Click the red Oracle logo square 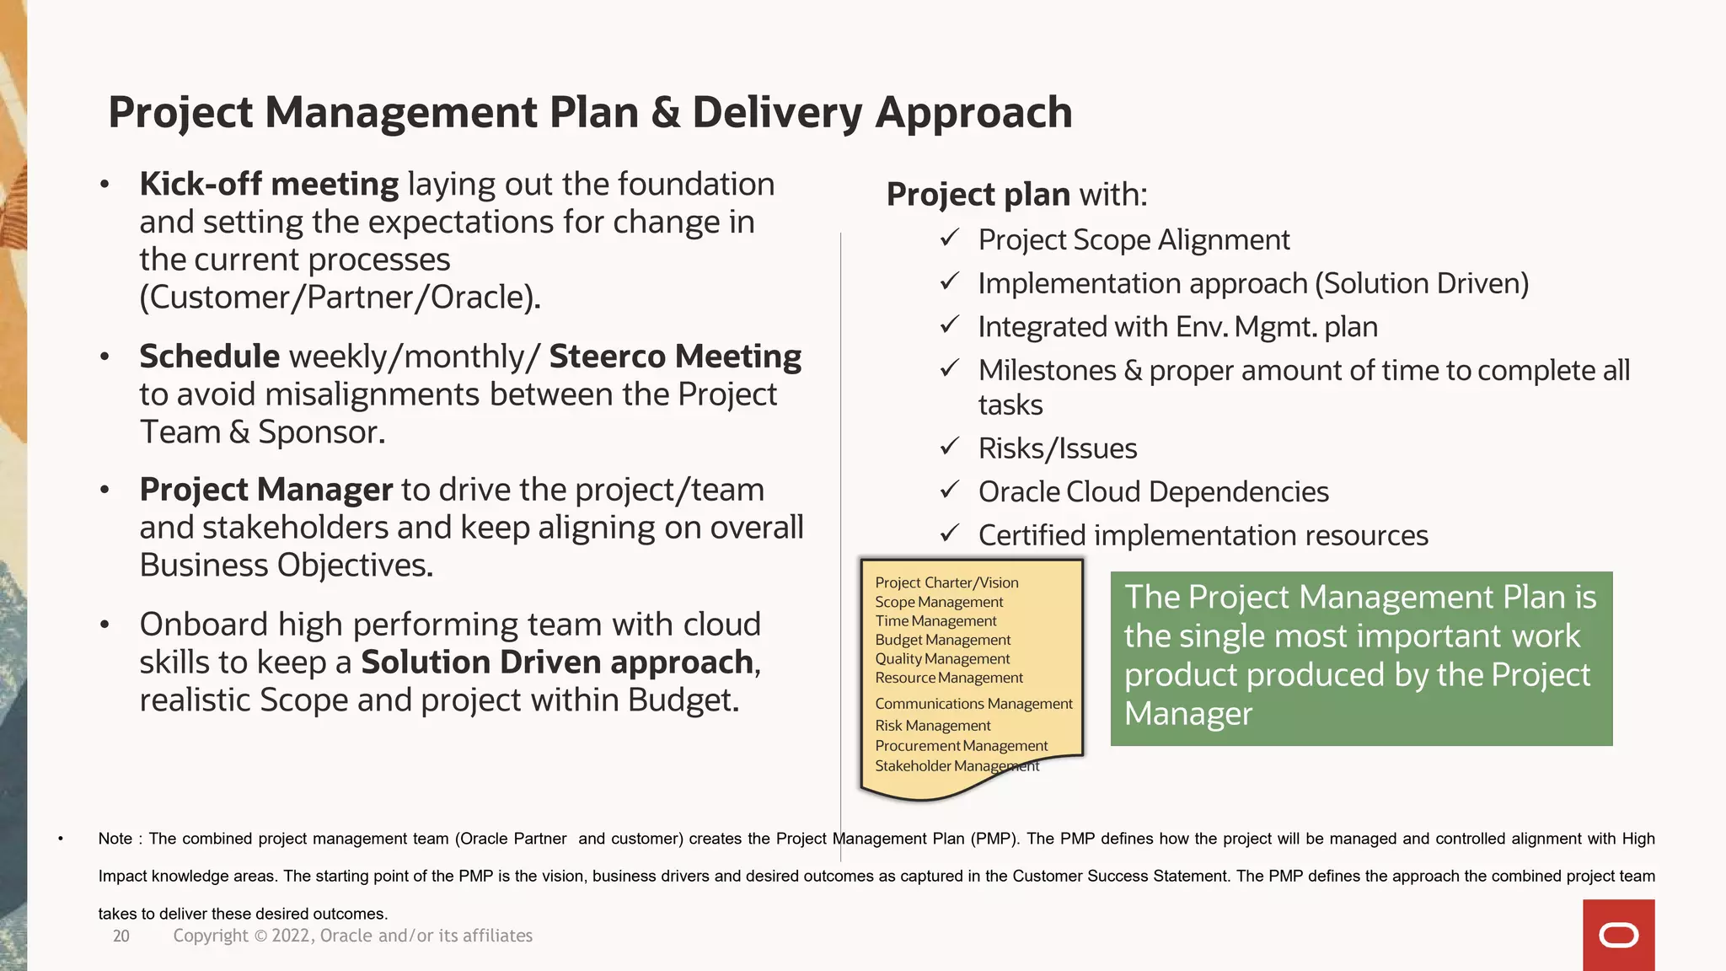(x=1618, y=935)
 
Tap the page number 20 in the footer (x=121, y=936)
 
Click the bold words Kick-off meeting (x=269, y=184)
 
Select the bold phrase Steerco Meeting (x=675, y=357)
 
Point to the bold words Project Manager (x=266, y=490)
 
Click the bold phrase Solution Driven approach (x=557, y=663)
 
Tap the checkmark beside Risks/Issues (x=950, y=447)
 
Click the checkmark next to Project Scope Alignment (x=950, y=239)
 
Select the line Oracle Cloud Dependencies (x=1153, y=492)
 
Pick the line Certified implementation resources (x=1203, y=536)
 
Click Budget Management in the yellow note (x=942, y=640)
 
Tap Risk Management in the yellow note (x=932, y=726)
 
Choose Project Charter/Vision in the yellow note (x=946, y=582)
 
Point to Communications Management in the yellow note (x=973, y=704)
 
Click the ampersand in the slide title (x=665, y=113)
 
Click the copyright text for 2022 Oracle (x=352, y=936)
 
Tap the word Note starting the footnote (x=115, y=839)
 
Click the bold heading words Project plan (x=978, y=195)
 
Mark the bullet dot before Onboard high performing (x=105, y=625)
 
